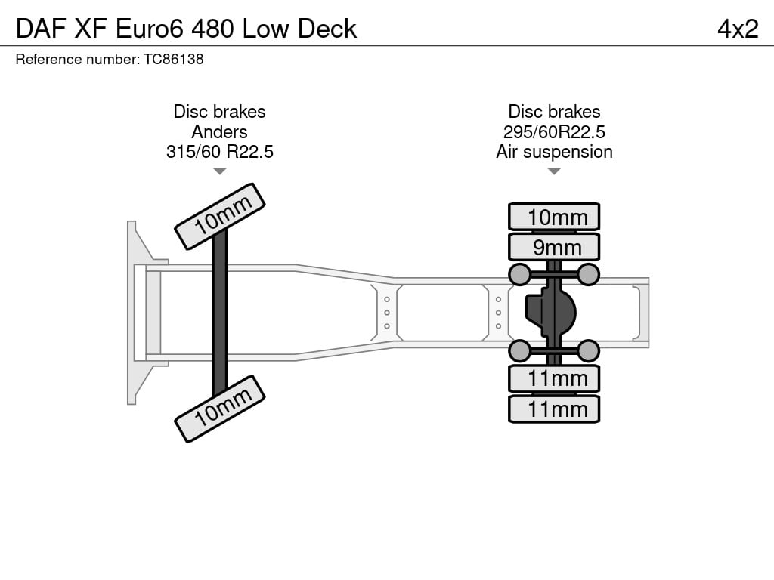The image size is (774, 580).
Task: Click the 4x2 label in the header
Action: tap(738, 29)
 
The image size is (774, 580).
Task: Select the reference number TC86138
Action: tap(173, 59)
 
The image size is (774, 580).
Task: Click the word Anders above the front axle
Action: tap(220, 131)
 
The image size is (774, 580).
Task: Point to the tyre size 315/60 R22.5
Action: tap(220, 151)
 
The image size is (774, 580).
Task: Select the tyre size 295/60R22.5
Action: tap(554, 131)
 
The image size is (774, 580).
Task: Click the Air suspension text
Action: tap(554, 151)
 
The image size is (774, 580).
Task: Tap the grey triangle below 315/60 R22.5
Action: tap(220, 171)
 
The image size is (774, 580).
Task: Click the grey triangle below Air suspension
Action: tap(554, 171)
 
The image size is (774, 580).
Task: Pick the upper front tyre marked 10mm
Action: tap(220, 217)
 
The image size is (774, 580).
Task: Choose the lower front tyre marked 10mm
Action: tap(220, 409)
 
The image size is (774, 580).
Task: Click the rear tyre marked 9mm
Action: tap(554, 247)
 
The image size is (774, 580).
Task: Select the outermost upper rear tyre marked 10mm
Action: tap(554, 217)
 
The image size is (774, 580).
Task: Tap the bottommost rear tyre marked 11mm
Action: tap(554, 409)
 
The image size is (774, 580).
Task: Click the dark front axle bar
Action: tap(220, 313)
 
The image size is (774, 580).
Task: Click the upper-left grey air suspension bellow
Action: tap(520, 274)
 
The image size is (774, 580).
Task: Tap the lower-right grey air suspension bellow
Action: tap(588, 350)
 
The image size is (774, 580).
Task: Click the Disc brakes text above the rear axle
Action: tap(554, 112)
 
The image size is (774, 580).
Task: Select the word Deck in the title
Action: tap(327, 29)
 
